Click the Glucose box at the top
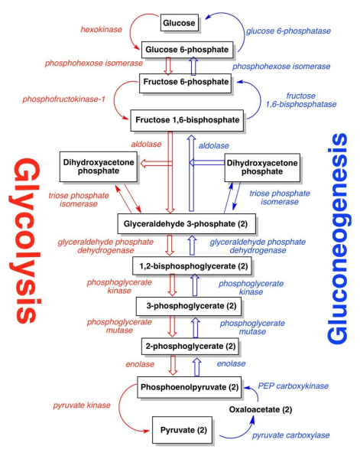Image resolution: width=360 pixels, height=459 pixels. point(180,23)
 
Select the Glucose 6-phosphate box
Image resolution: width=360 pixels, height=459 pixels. point(187,50)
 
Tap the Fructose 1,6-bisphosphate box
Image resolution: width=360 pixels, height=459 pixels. point(186,120)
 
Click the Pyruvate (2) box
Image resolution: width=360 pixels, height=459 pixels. point(182,430)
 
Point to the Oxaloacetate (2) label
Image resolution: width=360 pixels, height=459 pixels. point(261,409)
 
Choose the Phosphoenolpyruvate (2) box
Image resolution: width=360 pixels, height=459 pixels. point(190,387)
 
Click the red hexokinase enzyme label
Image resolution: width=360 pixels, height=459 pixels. point(101,30)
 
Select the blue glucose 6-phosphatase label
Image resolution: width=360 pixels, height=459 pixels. point(288,31)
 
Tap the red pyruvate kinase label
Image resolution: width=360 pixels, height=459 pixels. point(82,405)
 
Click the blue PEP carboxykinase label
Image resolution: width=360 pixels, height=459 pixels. point(293,386)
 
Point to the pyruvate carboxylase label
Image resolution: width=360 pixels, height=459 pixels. point(291,435)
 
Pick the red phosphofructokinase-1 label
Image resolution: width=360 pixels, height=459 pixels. point(63,99)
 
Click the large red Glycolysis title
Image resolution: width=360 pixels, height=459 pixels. point(25,241)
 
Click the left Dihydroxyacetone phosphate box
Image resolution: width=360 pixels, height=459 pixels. point(99,167)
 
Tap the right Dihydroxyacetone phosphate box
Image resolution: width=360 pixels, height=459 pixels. point(262,168)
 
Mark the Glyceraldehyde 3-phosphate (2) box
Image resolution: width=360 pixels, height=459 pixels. point(186,223)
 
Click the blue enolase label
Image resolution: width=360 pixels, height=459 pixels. point(231,363)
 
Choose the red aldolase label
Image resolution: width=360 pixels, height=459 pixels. point(146,144)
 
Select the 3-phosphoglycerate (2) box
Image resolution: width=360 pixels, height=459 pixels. point(189,306)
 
